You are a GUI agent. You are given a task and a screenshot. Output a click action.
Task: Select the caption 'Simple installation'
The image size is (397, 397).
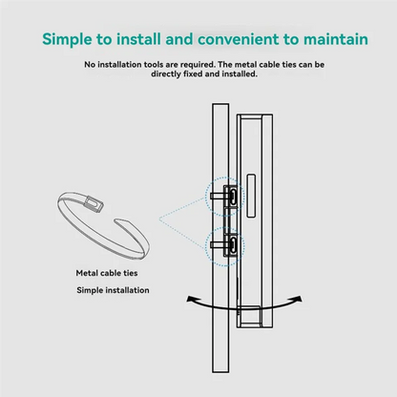[113, 290]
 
